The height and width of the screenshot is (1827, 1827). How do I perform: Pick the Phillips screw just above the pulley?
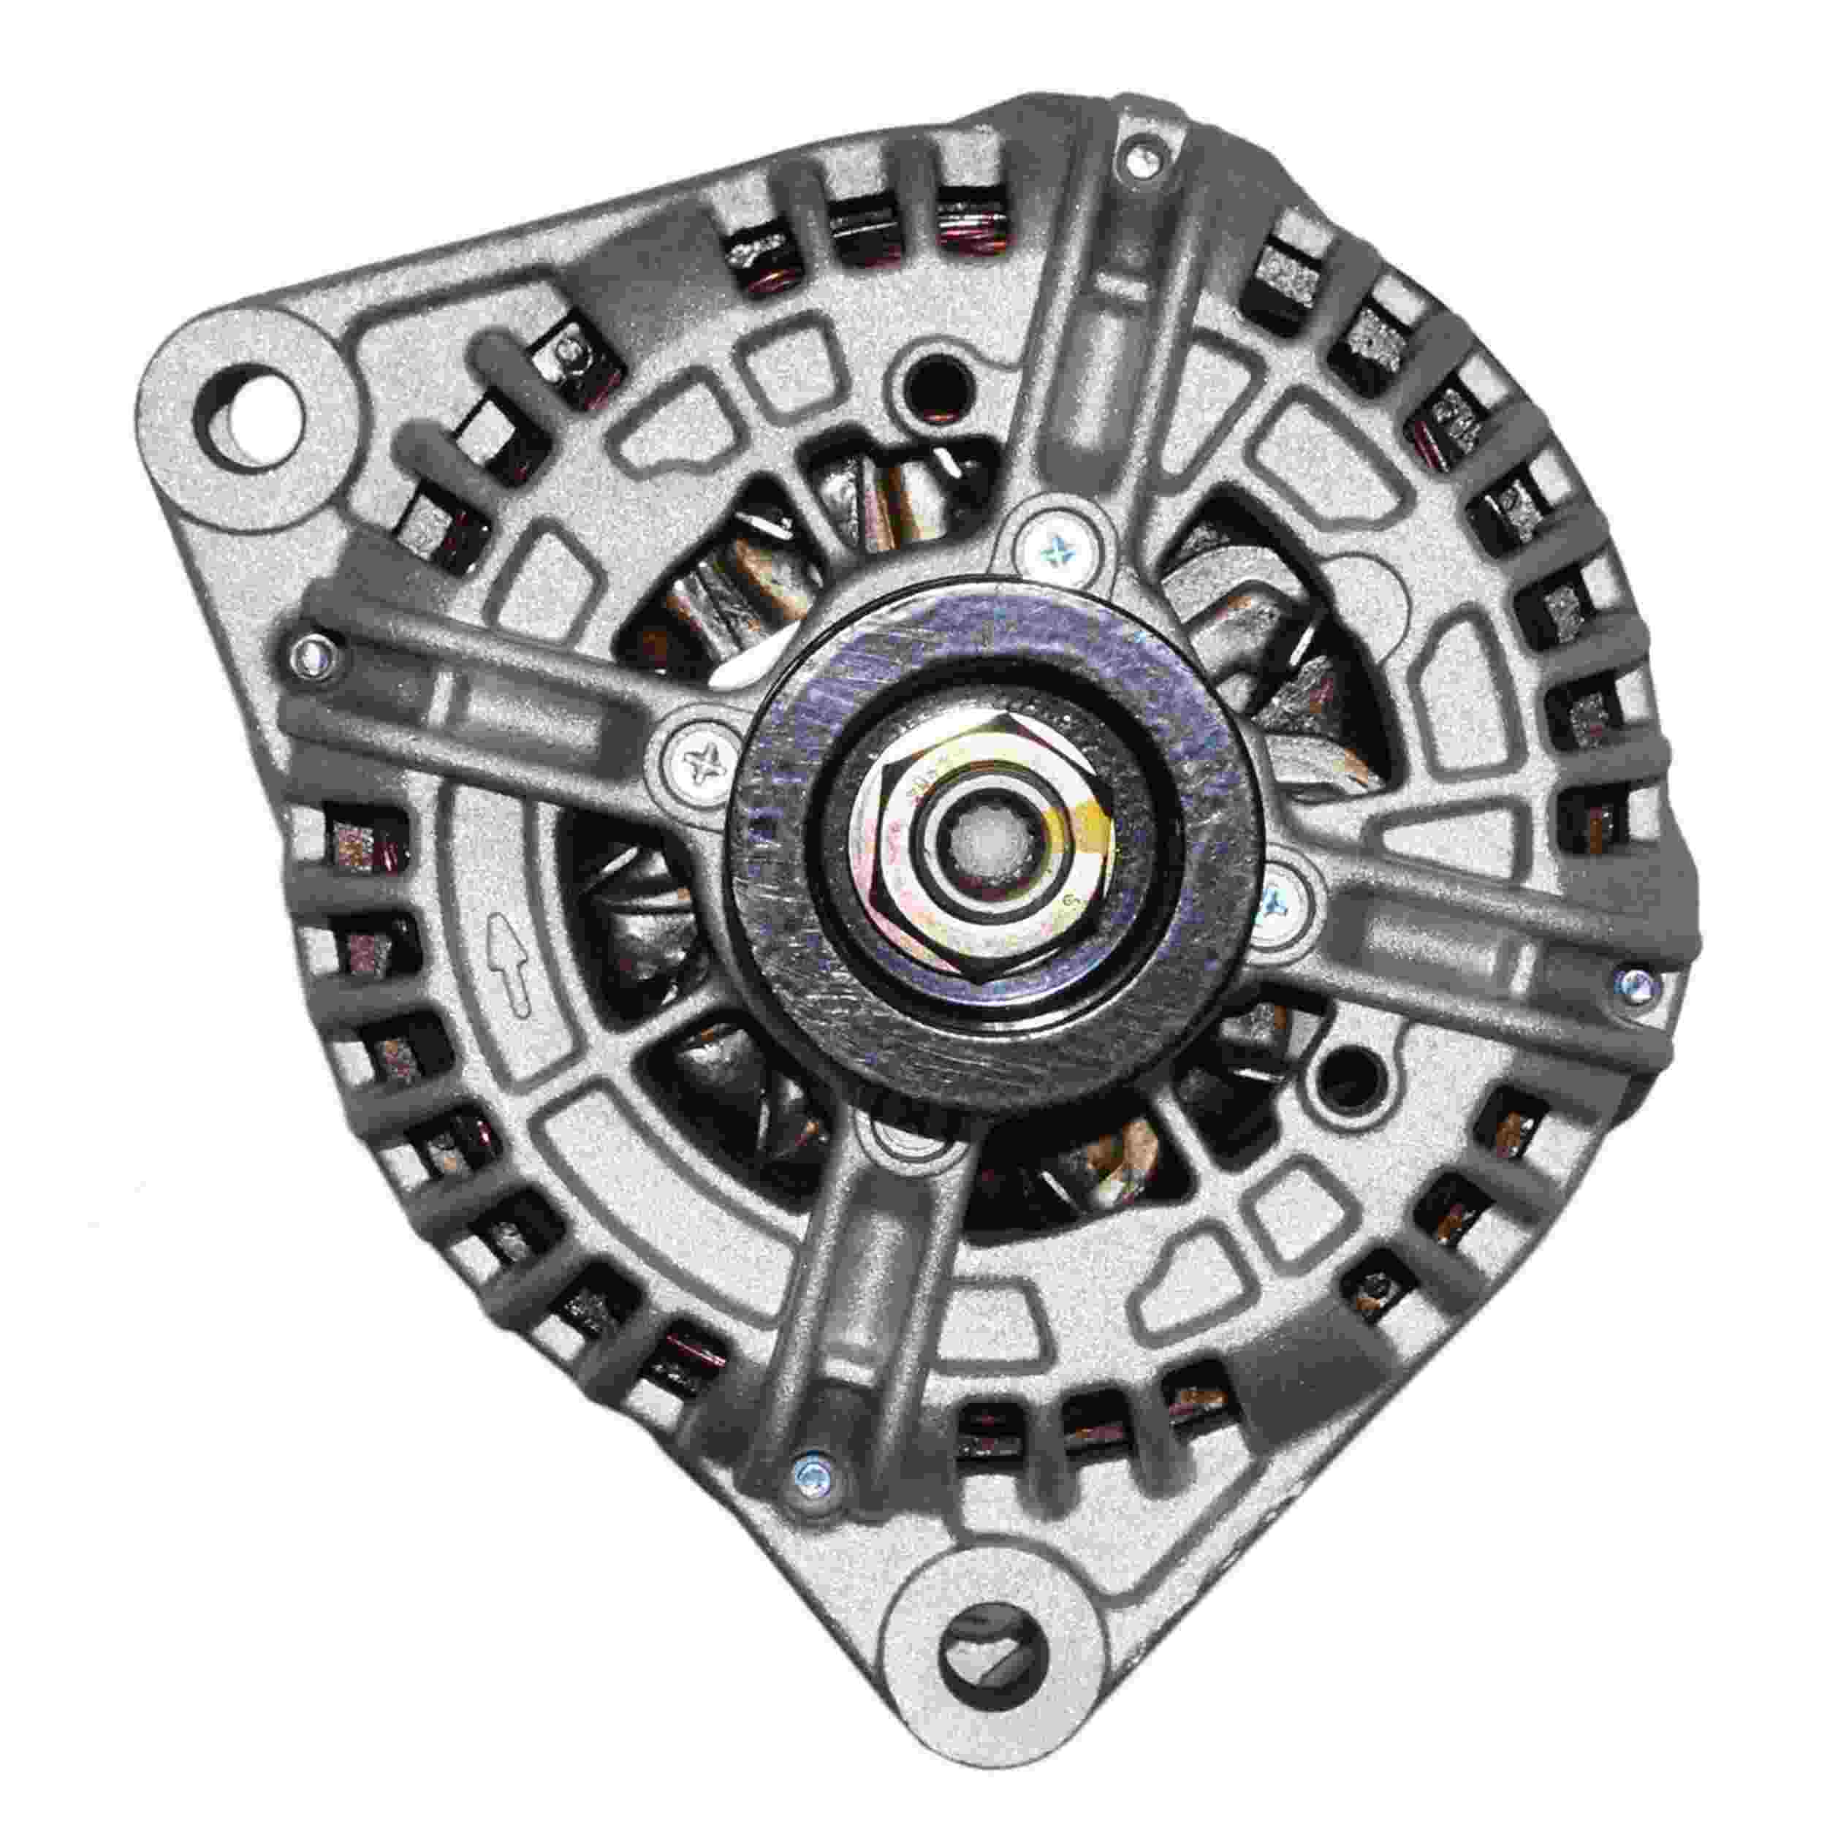click(x=1055, y=547)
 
